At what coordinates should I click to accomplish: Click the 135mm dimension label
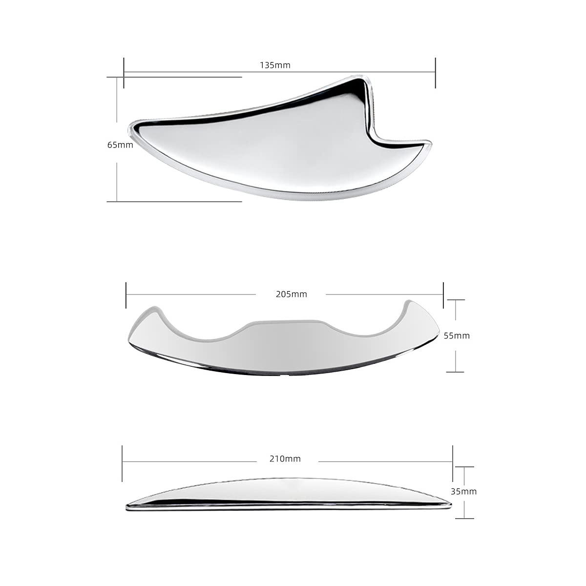[x=275, y=65]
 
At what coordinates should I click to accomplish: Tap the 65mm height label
[x=120, y=145]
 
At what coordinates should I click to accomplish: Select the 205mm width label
[x=292, y=294]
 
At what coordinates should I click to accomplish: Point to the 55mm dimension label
[x=457, y=335]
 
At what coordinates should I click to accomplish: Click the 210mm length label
[x=285, y=459]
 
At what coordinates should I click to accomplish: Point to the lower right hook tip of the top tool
[x=428, y=144]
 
